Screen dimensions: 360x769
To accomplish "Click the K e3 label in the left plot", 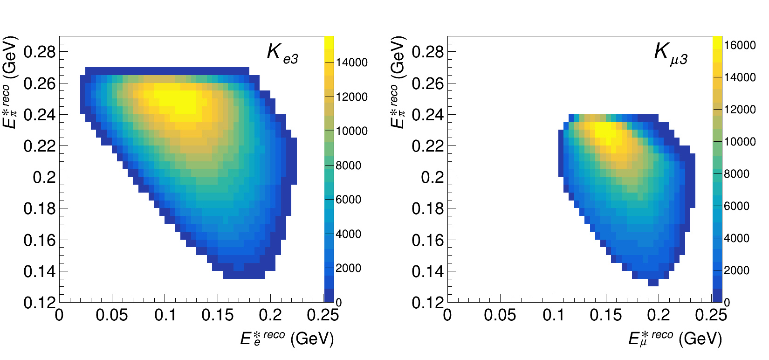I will pyautogui.click(x=282, y=53).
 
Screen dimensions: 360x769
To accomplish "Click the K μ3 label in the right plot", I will pyautogui.click(x=671, y=53).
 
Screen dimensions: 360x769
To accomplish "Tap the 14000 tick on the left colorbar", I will pyautogui.click(x=351, y=62).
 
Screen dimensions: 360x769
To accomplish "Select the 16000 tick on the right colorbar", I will pyautogui.click(x=740, y=45).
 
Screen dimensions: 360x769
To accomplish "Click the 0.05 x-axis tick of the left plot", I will pyautogui.click(x=111, y=315).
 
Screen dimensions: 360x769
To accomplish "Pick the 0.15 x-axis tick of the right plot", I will pyautogui.click(x=605, y=315).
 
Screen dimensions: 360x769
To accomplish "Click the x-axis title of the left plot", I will pyautogui.click(x=287, y=338).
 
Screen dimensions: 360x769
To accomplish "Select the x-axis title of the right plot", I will pyautogui.click(x=675, y=338).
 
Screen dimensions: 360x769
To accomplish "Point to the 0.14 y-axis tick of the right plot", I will pyautogui.click(x=427, y=271).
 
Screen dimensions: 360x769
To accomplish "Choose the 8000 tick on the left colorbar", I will pyautogui.click(x=348, y=166).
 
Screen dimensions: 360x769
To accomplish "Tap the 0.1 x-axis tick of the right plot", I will pyautogui.click(x=553, y=315).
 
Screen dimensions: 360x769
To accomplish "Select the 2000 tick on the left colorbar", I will pyautogui.click(x=348, y=268).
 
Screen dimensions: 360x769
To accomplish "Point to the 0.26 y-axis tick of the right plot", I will pyautogui.click(x=427, y=83).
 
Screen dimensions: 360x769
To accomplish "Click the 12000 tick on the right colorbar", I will pyautogui.click(x=740, y=110).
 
